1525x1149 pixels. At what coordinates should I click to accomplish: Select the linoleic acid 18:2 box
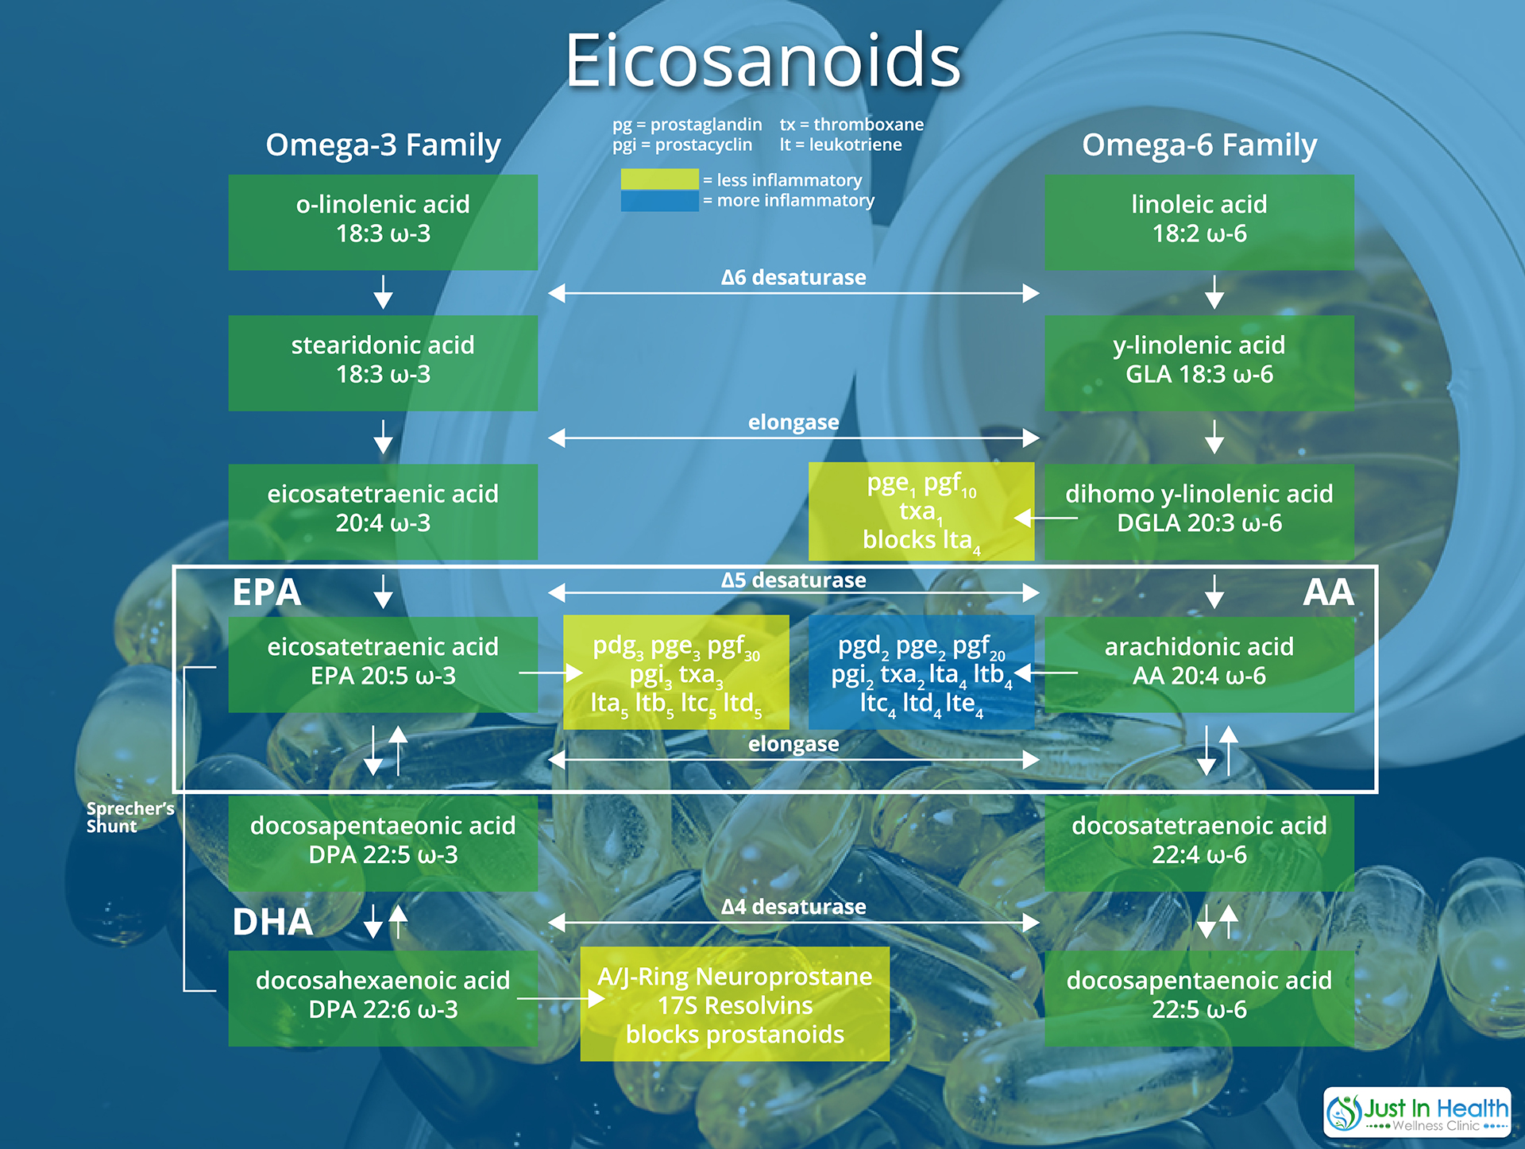1199,222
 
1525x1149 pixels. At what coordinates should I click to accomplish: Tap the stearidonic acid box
383,363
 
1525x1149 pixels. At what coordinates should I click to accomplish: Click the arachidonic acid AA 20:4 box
1199,665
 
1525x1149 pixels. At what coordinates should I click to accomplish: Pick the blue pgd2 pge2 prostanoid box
921,672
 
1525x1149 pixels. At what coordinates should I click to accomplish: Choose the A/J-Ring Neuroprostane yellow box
735,1004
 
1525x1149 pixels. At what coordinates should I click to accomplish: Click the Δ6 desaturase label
793,277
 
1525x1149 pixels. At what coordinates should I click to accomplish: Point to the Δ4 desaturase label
793,907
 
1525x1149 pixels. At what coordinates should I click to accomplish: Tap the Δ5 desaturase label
793,580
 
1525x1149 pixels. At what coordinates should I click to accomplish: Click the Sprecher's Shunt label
130,817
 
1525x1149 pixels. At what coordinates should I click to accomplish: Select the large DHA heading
272,922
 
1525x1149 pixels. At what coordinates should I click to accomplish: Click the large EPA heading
267,592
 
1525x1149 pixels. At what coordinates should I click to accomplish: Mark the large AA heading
1328,592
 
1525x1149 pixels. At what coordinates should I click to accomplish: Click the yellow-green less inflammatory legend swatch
660,179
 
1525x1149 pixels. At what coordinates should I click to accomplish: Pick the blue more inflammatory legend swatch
660,201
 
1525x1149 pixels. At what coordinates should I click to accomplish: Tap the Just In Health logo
1417,1112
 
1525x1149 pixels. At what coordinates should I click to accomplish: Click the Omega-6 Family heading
1199,145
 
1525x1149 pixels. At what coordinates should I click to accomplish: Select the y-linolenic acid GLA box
1199,363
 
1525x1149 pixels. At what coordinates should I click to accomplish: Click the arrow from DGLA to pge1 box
1046,518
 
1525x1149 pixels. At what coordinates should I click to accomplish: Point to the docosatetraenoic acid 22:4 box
1199,843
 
